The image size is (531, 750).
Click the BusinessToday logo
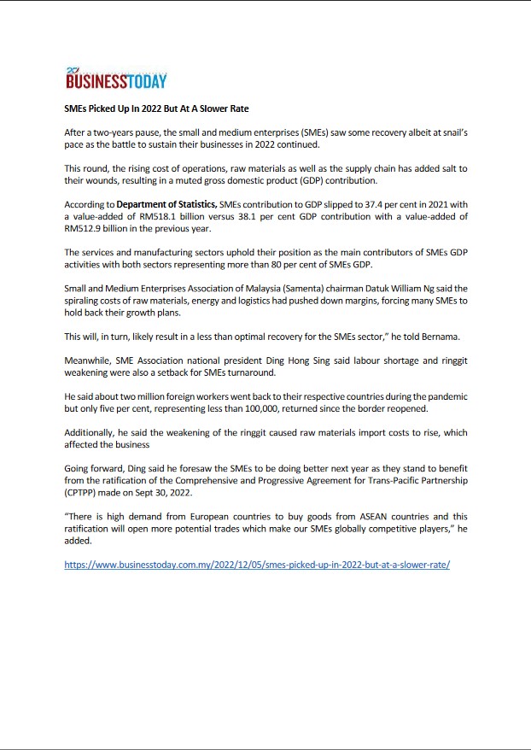(x=115, y=79)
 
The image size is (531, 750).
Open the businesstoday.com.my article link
(x=257, y=565)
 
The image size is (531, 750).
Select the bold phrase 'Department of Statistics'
(x=166, y=205)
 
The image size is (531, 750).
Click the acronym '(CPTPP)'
(x=84, y=493)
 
